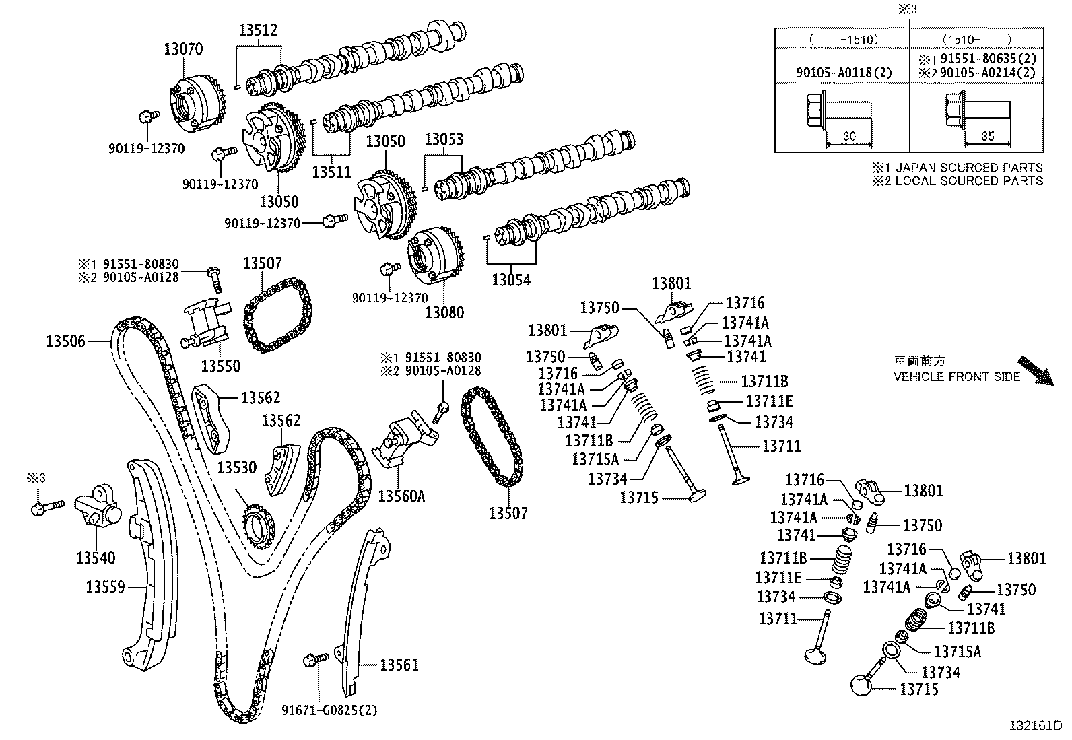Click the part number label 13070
tap(182, 49)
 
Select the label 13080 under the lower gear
tap(444, 312)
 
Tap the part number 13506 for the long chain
tap(66, 341)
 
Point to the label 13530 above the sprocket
tap(236, 467)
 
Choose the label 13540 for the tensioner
tap(96, 558)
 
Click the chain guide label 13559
tap(105, 587)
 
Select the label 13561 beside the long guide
tap(399, 665)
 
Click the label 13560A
tap(401, 496)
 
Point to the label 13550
tap(221, 366)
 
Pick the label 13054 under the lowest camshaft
tap(511, 280)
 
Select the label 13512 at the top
tap(258, 30)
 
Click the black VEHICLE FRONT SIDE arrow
tap(1036, 370)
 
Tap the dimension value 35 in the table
tap(987, 136)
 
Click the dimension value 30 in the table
tap(848, 136)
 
